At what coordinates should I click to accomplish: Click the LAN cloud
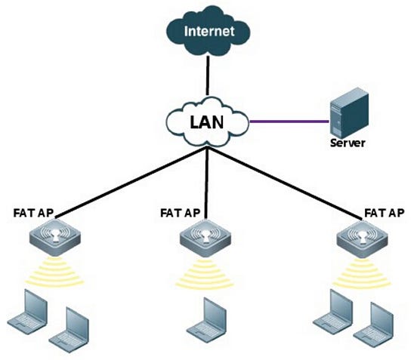coord(208,120)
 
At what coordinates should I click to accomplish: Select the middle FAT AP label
coord(182,213)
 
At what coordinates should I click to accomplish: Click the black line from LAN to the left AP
coord(128,180)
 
